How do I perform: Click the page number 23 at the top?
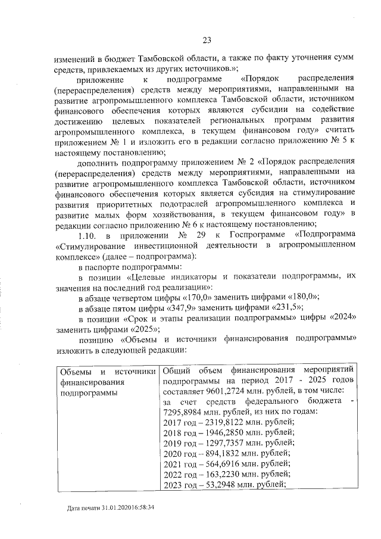pyautogui.click(x=207, y=40)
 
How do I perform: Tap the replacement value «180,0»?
pyautogui.click(x=302, y=296)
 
